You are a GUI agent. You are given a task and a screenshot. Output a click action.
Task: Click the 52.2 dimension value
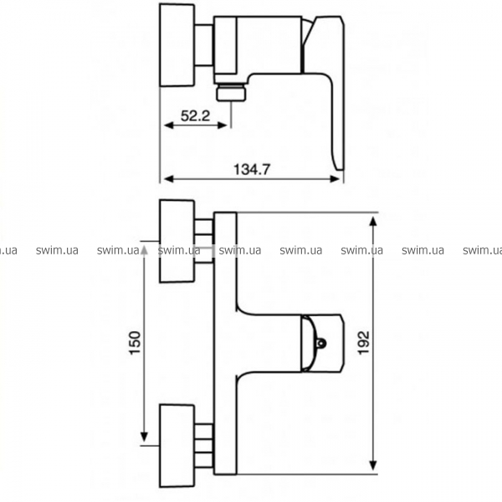(195, 115)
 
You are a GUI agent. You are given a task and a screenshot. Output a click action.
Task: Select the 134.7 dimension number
(252, 169)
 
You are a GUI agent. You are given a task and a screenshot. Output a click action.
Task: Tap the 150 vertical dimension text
(135, 342)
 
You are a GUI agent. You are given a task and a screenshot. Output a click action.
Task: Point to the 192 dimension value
(363, 343)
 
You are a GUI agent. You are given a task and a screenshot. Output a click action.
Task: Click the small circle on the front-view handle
(320, 343)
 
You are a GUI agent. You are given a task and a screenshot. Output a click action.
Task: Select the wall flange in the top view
(177, 45)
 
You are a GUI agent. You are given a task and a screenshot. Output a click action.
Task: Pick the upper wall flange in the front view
(177, 241)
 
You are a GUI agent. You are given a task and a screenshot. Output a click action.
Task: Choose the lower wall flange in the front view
(177, 446)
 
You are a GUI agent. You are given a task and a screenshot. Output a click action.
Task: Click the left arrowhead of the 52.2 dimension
(168, 125)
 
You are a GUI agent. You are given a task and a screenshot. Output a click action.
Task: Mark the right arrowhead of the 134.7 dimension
(335, 179)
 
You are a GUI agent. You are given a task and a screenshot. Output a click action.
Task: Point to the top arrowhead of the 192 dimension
(372, 222)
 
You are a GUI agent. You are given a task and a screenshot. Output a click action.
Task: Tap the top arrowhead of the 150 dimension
(144, 250)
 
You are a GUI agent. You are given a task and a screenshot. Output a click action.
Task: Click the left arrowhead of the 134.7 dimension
(168, 179)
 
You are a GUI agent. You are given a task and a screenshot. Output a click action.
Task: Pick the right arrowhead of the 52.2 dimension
(223, 125)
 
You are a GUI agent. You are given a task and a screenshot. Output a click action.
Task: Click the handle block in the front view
(322, 343)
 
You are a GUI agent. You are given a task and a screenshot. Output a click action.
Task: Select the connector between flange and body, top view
(204, 45)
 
